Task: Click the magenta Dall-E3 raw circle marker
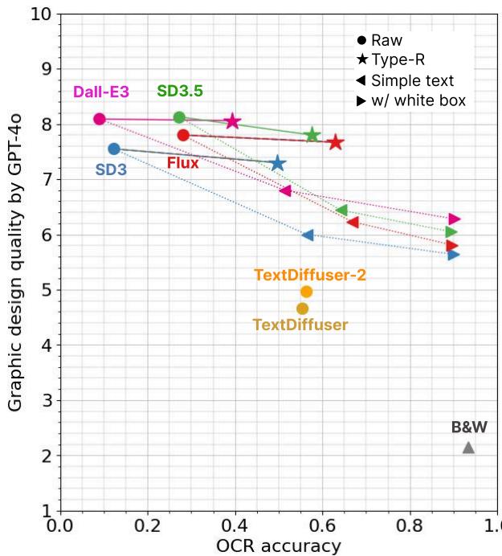click(x=100, y=119)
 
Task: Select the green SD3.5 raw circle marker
click(x=179, y=117)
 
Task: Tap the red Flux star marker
click(x=335, y=142)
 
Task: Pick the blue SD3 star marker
click(x=278, y=164)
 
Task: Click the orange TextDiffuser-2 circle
click(x=306, y=292)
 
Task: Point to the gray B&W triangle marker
click(x=468, y=448)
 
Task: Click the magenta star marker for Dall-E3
click(x=233, y=121)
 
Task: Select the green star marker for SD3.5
click(x=312, y=135)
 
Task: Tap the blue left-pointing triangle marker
click(x=308, y=235)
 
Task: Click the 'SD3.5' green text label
click(x=180, y=91)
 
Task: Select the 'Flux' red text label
click(x=183, y=163)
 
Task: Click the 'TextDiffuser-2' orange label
click(x=310, y=275)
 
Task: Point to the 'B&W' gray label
click(x=469, y=427)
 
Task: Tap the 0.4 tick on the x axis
click(x=235, y=527)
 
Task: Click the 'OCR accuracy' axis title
click(x=278, y=546)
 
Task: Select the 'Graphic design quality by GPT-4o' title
click(x=15, y=263)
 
